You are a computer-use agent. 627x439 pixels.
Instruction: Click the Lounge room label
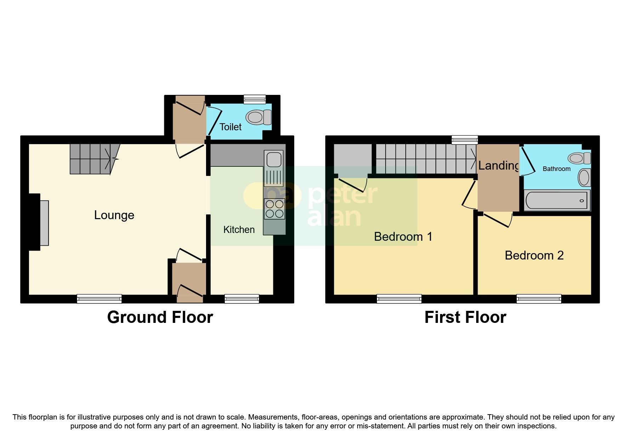(x=114, y=215)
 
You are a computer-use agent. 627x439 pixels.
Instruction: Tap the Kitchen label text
(x=239, y=229)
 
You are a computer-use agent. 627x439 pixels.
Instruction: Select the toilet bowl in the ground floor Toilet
(x=258, y=117)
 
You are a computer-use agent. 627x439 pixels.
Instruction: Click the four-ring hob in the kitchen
(x=274, y=209)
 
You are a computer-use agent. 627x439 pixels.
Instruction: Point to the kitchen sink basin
(x=274, y=159)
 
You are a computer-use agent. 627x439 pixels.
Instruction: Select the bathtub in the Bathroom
(x=557, y=200)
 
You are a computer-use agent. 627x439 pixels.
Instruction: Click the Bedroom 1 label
(x=403, y=236)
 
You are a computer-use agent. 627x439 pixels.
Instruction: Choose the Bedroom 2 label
(x=534, y=255)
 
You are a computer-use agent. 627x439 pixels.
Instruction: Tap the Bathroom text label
(x=557, y=169)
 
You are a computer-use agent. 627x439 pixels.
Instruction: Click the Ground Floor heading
(x=160, y=317)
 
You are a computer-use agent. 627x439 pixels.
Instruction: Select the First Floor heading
(x=465, y=317)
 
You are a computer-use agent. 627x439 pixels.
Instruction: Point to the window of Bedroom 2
(x=538, y=299)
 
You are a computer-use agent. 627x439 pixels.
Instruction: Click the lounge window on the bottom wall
(x=99, y=299)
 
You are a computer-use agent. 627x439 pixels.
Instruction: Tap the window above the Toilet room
(x=255, y=99)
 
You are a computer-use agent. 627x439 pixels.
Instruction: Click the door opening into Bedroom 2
(x=498, y=219)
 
